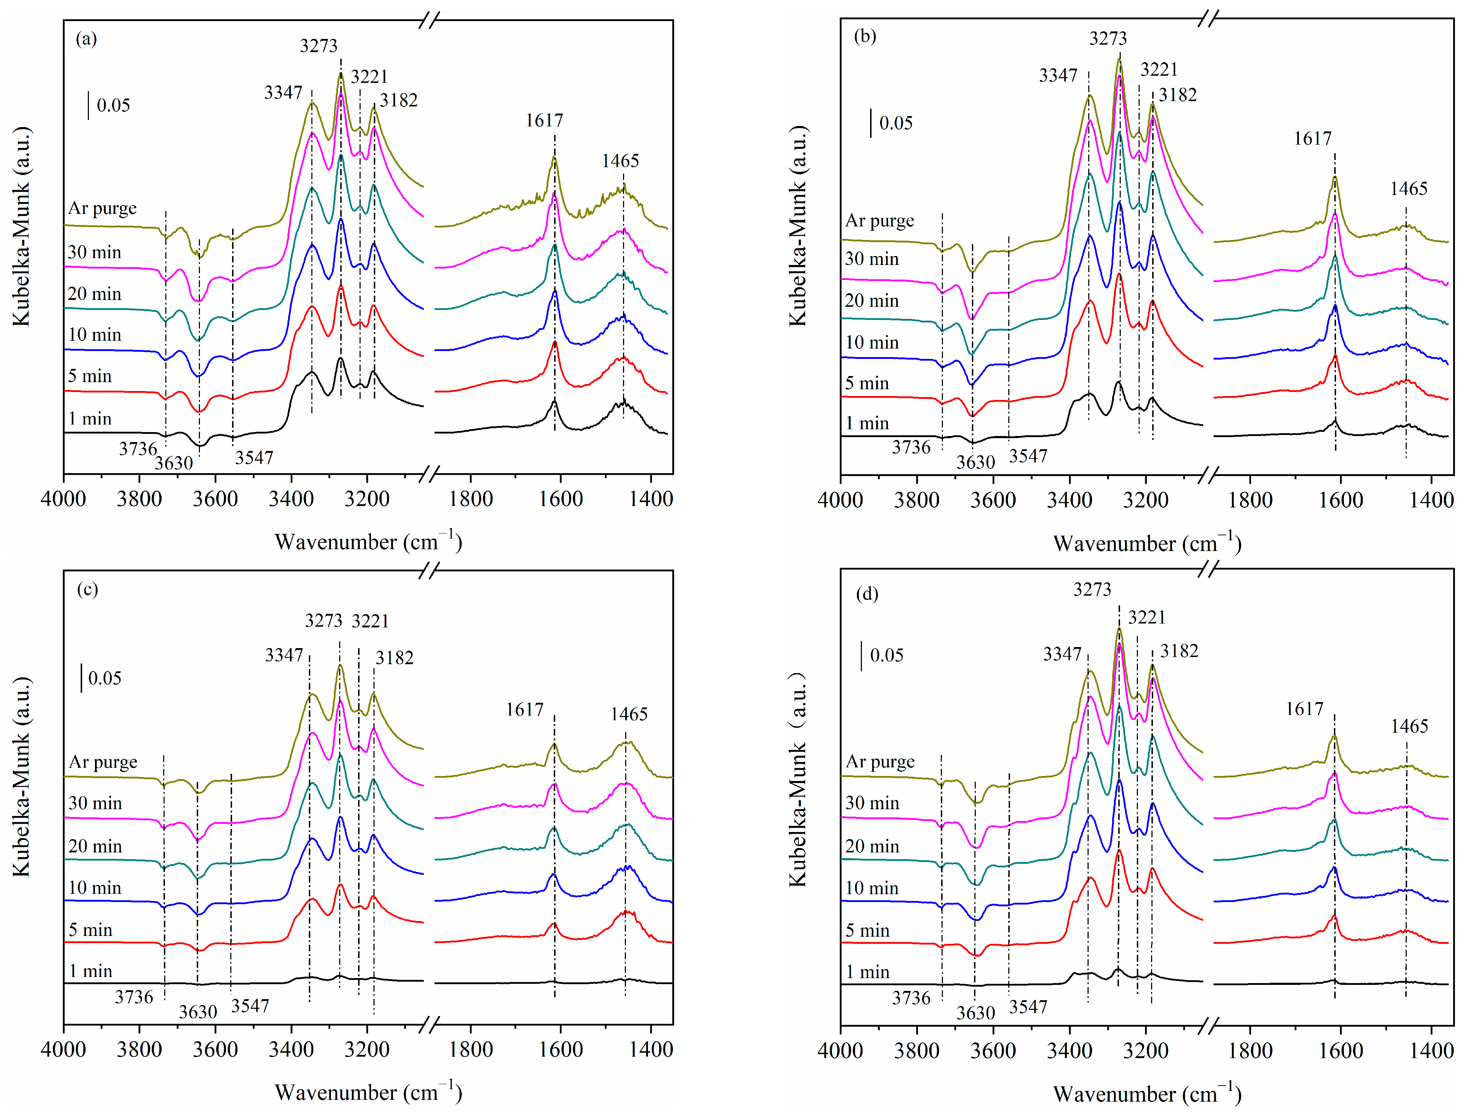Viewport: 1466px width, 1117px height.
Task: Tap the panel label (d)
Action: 867,594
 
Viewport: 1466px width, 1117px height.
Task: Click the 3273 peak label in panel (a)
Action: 318,46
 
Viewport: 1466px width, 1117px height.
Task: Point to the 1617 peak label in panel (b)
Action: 1312,139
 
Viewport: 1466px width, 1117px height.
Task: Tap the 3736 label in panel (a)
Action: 137,450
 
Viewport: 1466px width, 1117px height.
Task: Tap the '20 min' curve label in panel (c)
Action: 95,846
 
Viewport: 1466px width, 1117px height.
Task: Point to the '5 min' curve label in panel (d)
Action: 866,931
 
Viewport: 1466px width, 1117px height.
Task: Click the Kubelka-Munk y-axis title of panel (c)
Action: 21,777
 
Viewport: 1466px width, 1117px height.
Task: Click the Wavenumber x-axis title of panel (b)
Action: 1147,544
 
